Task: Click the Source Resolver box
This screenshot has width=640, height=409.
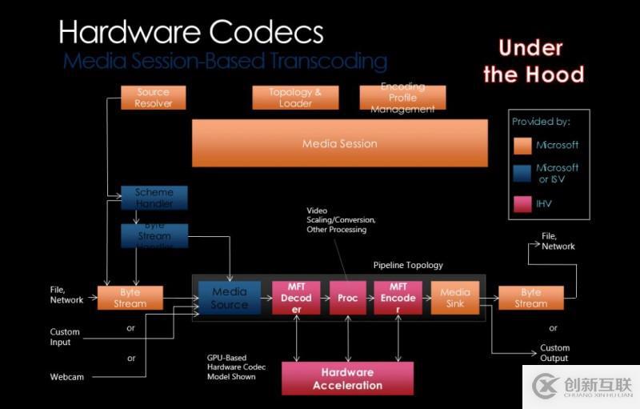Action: click(x=153, y=98)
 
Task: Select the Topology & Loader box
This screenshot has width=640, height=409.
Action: click(x=294, y=98)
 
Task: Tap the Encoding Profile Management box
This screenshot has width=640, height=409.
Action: click(x=402, y=98)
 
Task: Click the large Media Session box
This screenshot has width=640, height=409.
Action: click(x=339, y=143)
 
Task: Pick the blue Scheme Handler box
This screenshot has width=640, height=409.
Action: click(x=154, y=197)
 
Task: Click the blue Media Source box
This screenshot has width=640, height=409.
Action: click(x=230, y=298)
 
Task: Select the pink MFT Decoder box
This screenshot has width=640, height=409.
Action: click(x=296, y=298)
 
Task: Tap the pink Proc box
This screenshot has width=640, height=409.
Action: click(x=347, y=298)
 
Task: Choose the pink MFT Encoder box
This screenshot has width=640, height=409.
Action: click(x=398, y=298)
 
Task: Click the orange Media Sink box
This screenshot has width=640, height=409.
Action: click(x=454, y=298)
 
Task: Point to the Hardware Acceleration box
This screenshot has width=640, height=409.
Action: click(x=347, y=379)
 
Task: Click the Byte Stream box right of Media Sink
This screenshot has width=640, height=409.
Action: click(x=530, y=298)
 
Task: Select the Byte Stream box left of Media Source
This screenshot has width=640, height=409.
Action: click(x=130, y=298)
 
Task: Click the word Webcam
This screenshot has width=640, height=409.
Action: click(x=67, y=376)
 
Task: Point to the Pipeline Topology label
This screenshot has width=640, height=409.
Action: click(x=408, y=265)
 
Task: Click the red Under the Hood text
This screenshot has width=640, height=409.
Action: click(x=533, y=62)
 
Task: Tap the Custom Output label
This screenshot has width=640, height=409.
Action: click(x=554, y=353)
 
